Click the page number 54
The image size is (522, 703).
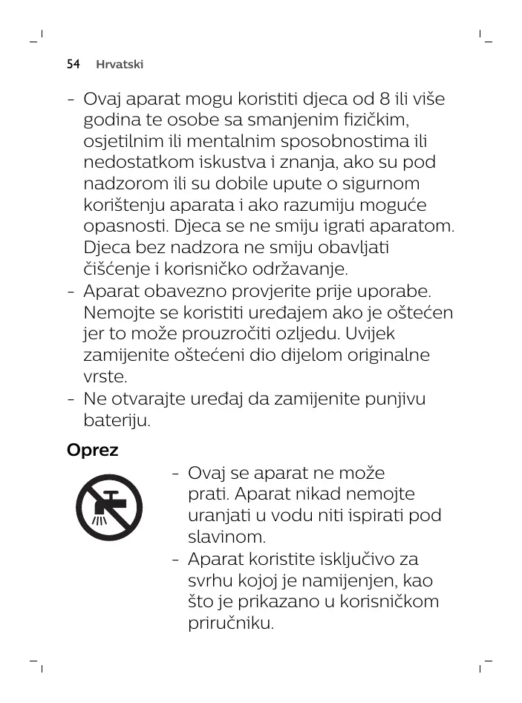pos(73,65)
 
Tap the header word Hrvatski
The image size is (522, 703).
pos(120,65)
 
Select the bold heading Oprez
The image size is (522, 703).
pos(92,450)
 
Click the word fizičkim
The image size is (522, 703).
pos(375,120)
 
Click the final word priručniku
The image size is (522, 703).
pos(231,622)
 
